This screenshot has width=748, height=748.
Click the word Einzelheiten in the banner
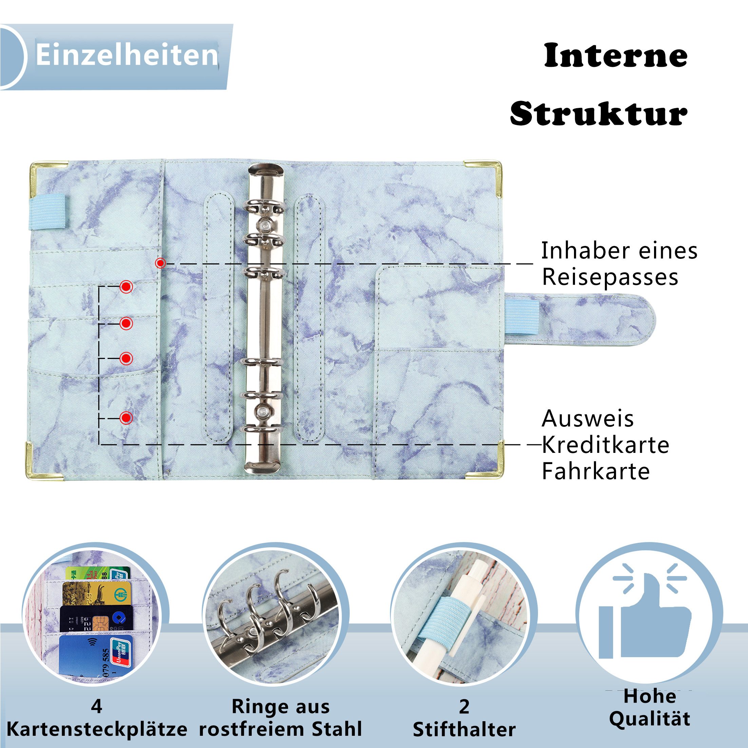(127, 55)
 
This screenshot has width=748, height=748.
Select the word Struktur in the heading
(598, 113)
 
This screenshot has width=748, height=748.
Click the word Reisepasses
(610, 277)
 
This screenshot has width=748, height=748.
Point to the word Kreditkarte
(605, 445)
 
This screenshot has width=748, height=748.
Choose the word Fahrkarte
(595, 472)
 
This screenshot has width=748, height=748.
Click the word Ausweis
(587, 419)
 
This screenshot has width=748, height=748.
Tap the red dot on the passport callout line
(160, 263)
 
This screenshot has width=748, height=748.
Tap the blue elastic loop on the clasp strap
(522, 317)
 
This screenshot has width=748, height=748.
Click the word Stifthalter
(464, 730)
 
